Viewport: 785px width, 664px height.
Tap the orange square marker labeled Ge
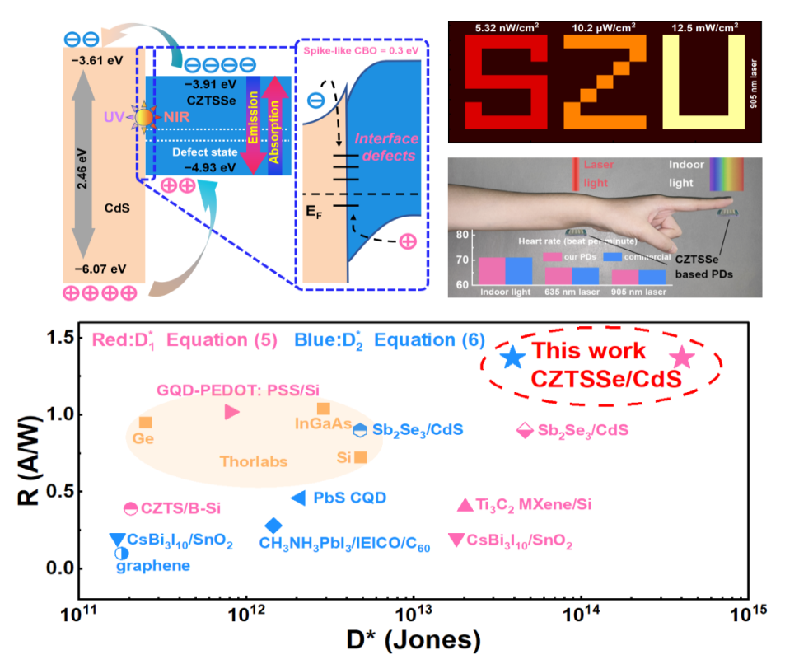click(x=146, y=423)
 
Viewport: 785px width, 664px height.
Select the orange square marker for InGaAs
click(x=324, y=409)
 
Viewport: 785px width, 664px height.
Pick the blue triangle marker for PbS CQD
click(x=299, y=497)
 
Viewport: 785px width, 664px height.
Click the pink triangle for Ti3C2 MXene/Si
click(x=465, y=505)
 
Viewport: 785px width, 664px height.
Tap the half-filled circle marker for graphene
click(x=121, y=553)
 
